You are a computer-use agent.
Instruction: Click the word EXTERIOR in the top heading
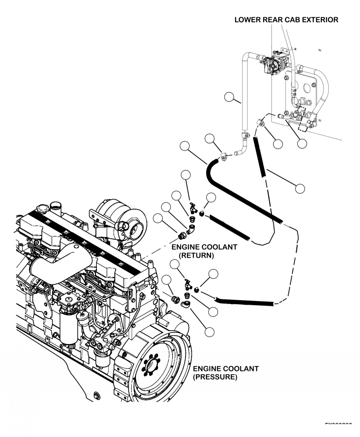[314, 20]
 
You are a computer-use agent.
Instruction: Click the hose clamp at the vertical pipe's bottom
[245, 135]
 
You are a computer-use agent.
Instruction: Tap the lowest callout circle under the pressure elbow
[210, 332]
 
